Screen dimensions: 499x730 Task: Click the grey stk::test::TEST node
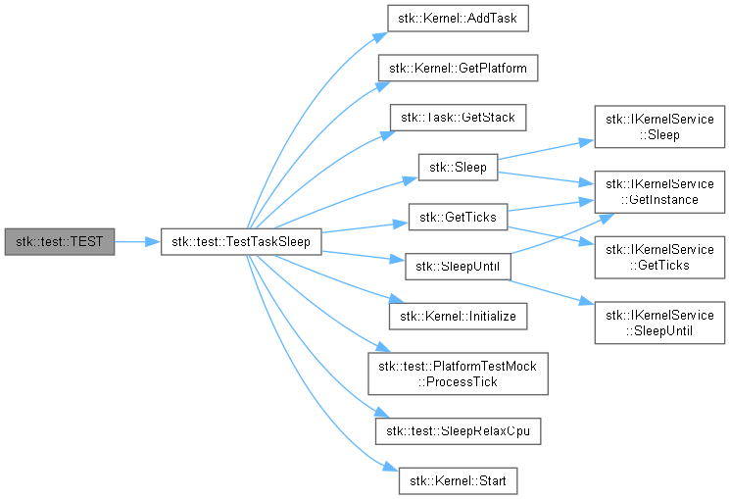(59, 240)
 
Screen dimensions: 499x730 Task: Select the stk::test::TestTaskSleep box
(240, 240)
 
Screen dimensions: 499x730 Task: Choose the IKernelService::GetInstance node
(657, 191)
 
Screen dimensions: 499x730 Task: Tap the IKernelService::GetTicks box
(657, 257)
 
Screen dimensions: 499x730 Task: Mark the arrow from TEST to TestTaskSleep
(137, 240)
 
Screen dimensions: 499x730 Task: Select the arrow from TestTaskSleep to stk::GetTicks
(363, 227)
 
